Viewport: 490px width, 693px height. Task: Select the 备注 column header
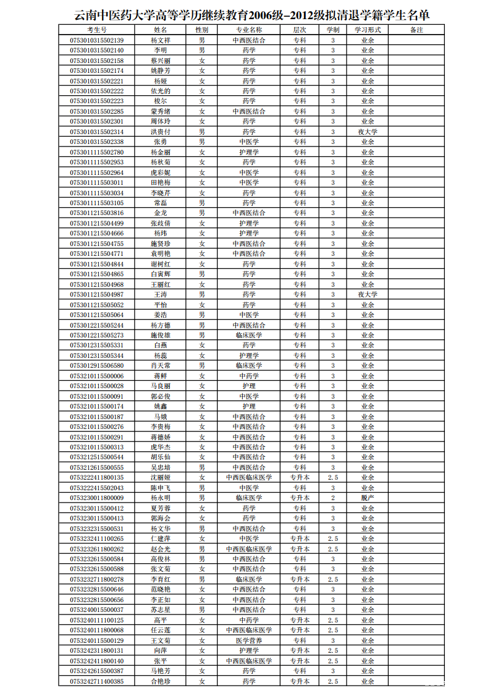[x=416, y=30]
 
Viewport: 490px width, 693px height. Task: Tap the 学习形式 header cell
[x=368, y=30]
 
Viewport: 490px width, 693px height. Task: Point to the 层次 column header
[x=300, y=30]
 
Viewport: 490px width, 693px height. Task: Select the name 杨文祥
[x=161, y=40]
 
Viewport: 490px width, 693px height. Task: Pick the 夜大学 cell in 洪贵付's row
[x=368, y=132]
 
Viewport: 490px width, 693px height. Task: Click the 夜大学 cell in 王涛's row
[x=368, y=294]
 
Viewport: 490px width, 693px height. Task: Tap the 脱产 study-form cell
[x=368, y=498]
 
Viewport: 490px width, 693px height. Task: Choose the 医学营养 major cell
[x=249, y=640]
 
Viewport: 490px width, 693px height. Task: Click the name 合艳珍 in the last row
[x=161, y=681]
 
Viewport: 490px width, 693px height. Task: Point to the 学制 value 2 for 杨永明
[x=333, y=498]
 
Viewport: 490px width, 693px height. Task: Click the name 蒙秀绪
[x=161, y=111]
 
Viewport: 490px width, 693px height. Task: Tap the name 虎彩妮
[x=161, y=172]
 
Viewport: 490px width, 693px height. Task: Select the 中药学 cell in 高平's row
[x=249, y=620]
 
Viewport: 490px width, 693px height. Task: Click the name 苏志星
[x=161, y=610]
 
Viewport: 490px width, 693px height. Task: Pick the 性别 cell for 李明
[x=201, y=50]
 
